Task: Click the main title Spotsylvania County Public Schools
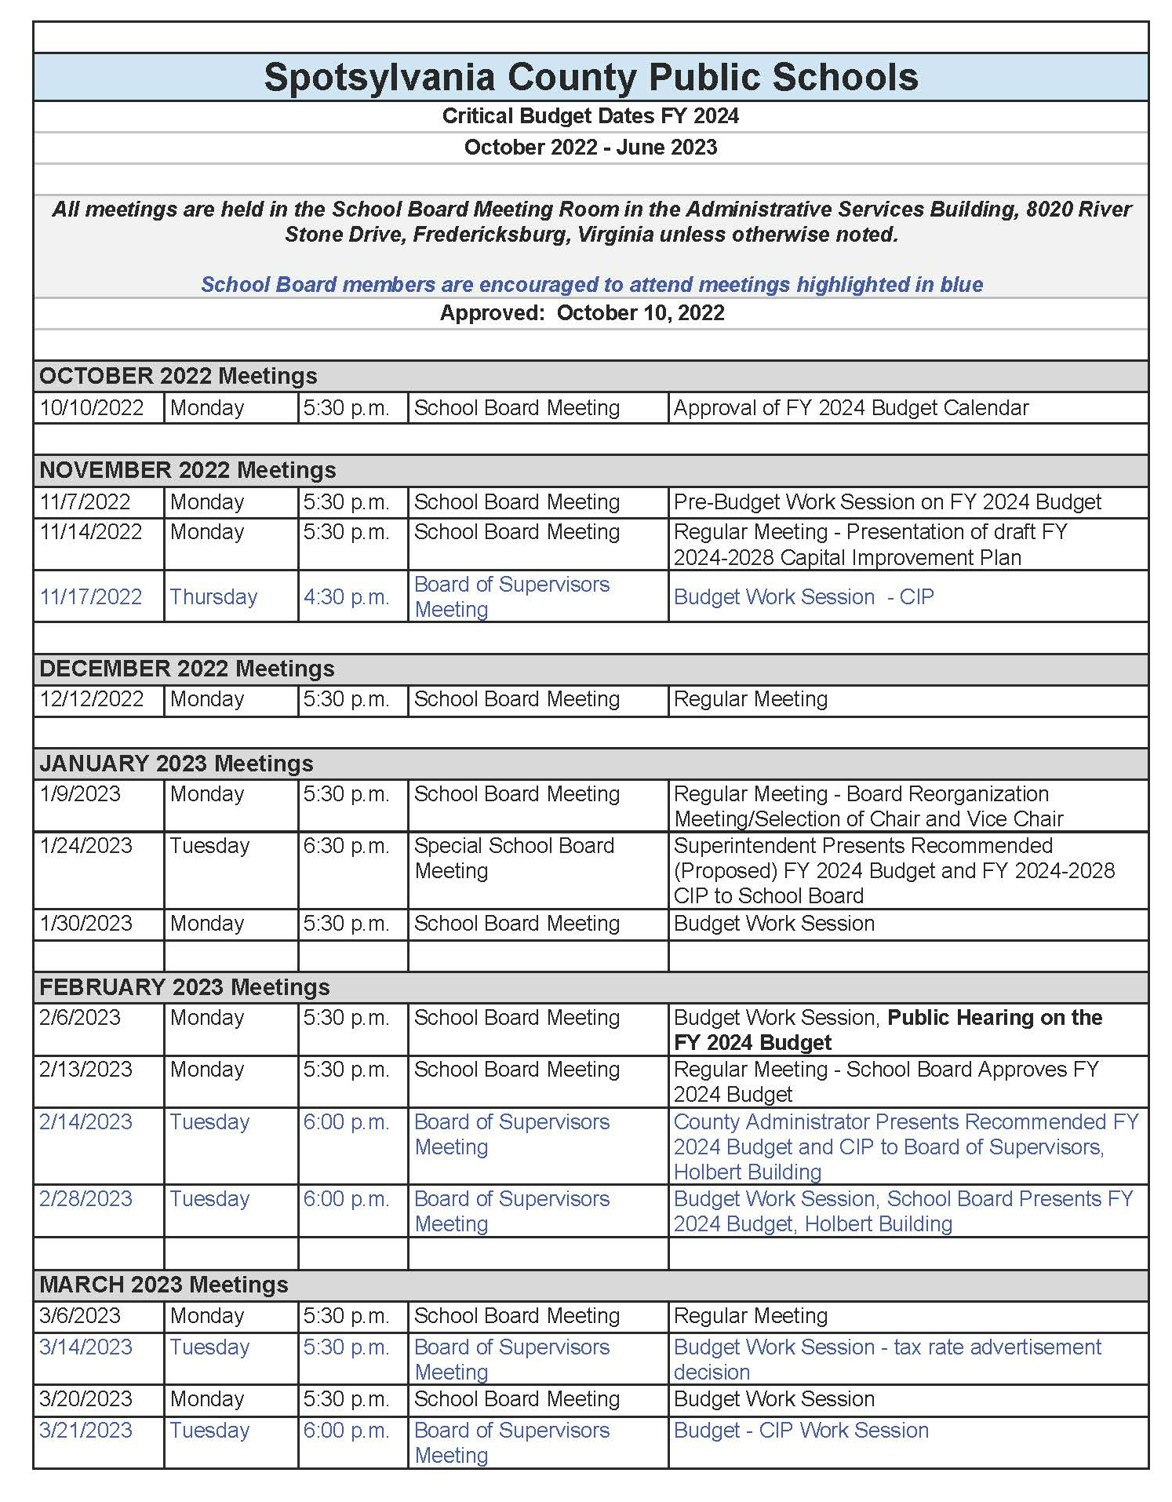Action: click(590, 77)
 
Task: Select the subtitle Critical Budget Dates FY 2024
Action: click(590, 116)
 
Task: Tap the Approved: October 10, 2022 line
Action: click(581, 313)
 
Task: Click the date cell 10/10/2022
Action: click(92, 408)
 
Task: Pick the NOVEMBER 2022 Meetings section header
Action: click(187, 470)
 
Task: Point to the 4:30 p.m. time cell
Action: click(346, 597)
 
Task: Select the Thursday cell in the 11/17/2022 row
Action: click(213, 597)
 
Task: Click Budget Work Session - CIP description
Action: click(803, 597)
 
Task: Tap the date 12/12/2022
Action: click(92, 699)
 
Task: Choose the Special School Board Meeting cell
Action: click(514, 859)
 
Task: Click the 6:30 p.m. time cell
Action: click(346, 846)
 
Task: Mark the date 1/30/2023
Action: click(86, 924)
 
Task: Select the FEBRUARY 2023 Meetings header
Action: click(184, 987)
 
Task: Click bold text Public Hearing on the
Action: click(994, 1018)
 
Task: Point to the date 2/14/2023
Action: click(86, 1122)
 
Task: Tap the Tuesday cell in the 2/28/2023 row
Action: click(209, 1199)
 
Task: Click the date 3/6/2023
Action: click(80, 1316)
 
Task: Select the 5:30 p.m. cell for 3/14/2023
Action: click(346, 1347)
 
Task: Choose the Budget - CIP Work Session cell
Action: click(801, 1431)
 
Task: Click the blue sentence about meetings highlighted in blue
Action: click(591, 285)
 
